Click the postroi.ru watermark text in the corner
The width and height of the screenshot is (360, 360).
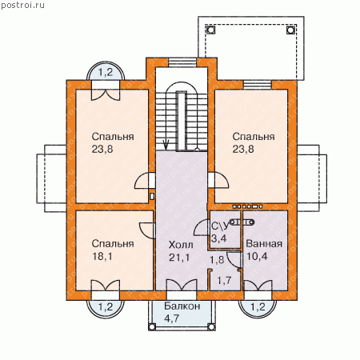click(x=22, y=6)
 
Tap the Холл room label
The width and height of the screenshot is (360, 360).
click(x=181, y=245)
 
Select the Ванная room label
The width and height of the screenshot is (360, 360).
click(x=264, y=244)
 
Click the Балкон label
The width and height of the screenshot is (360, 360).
click(x=182, y=306)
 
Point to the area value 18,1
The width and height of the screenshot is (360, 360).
click(x=102, y=256)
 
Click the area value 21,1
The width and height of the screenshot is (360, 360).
click(x=179, y=258)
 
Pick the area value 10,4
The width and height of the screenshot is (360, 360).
click(x=257, y=256)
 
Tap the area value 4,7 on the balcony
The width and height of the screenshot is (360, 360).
click(x=172, y=318)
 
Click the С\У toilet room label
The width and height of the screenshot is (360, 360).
click(x=220, y=226)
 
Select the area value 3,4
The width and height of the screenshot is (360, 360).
click(x=219, y=238)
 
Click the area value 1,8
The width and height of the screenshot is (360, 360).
click(x=217, y=260)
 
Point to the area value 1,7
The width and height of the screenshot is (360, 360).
click(x=224, y=281)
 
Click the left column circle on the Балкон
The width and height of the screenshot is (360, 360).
click(x=152, y=326)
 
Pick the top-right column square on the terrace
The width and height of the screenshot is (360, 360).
click(x=290, y=30)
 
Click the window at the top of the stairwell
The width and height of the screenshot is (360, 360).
click(x=182, y=62)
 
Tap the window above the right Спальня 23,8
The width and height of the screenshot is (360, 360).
click(x=258, y=85)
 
